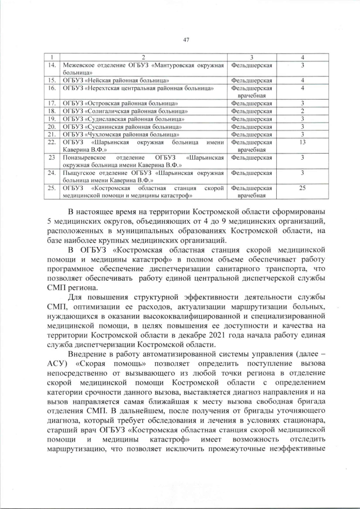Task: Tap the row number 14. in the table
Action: tap(52, 66)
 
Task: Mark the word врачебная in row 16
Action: tap(251, 96)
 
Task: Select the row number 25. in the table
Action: tap(52, 188)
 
